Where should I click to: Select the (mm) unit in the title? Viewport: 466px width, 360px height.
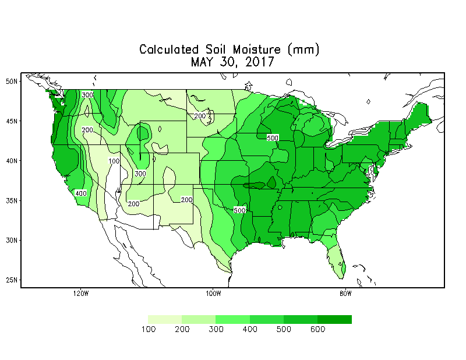click(306, 50)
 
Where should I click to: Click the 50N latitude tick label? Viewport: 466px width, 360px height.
click(11, 81)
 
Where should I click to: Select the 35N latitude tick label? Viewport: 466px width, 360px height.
click(11, 200)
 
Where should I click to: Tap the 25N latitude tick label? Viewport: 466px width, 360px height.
click(11, 280)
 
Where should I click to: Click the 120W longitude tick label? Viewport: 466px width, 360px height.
click(81, 293)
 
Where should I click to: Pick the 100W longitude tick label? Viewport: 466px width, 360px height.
click(213, 293)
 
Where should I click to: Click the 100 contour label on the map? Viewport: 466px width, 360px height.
click(114, 161)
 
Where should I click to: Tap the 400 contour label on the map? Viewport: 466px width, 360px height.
click(81, 193)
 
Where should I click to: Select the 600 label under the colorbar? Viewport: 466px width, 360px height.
click(317, 330)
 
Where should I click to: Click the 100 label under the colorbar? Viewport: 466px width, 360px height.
click(149, 330)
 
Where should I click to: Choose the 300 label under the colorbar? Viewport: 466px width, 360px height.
click(216, 330)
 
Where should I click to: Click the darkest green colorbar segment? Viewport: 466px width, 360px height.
click(334, 319)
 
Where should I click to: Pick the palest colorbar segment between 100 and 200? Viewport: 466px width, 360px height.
click(165, 319)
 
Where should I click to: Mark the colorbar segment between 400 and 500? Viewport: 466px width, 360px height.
click(267, 319)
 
